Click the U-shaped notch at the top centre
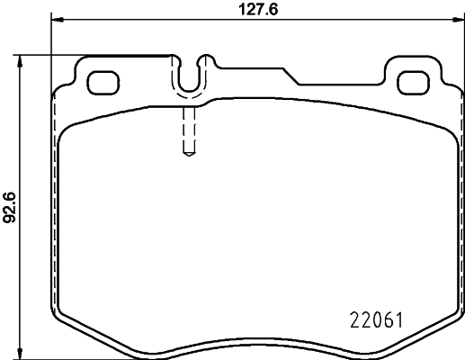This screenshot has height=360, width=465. [188, 76]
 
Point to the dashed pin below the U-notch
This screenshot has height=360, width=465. [188, 130]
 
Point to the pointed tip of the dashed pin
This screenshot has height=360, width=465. [188, 154]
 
